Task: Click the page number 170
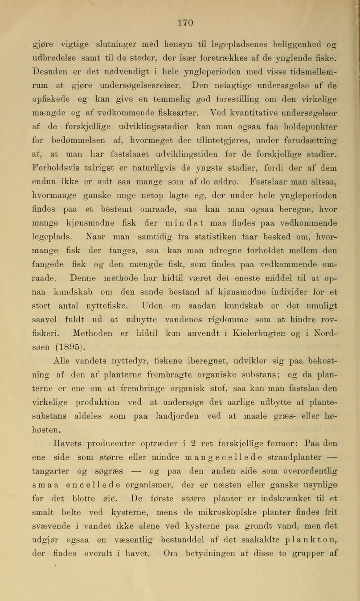pyautogui.click(x=180, y=7)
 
